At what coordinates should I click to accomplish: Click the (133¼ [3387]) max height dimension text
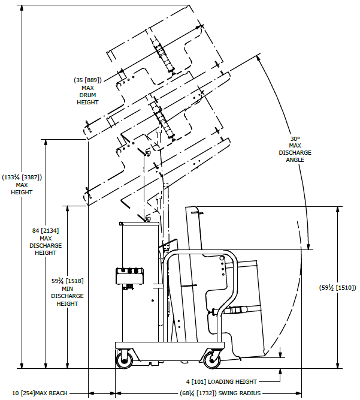point(22,177)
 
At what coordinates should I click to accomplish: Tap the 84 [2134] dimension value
point(46,231)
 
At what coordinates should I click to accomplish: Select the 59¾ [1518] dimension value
point(67,281)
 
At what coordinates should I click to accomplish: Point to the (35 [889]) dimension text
point(87,80)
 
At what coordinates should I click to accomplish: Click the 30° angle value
point(295,139)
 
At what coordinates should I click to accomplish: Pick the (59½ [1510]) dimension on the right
point(338,287)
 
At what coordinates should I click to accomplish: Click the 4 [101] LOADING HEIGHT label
point(221,381)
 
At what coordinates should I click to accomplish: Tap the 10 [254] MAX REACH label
point(40,393)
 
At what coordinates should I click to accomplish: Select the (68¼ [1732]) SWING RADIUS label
point(220,393)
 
